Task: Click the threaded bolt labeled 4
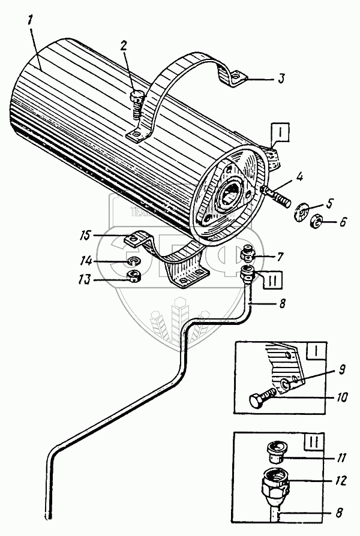277,195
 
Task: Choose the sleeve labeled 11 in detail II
277,450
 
